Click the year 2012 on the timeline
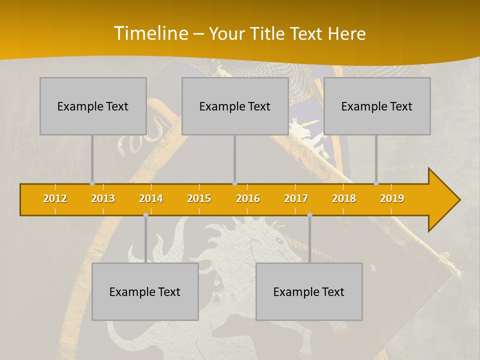tap(55, 198)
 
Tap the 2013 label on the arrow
tap(103, 198)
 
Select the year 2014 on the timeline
tap(151, 198)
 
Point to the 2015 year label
tap(199, 198)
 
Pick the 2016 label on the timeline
tap(248, 198)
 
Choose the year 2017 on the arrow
tap(296, 198)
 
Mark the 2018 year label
tap(344, 198)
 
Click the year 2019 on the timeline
tap(392, 198)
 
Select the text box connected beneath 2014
tap(145, 291)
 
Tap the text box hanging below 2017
tap(309, 291)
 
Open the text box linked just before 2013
tap(93, 106)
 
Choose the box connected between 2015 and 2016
tap(235, 106)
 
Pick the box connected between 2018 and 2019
tap(377, 106)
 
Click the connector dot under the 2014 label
tap(145, 214)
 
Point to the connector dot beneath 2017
tap(309, 214)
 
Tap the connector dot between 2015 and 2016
tap(234, 183)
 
